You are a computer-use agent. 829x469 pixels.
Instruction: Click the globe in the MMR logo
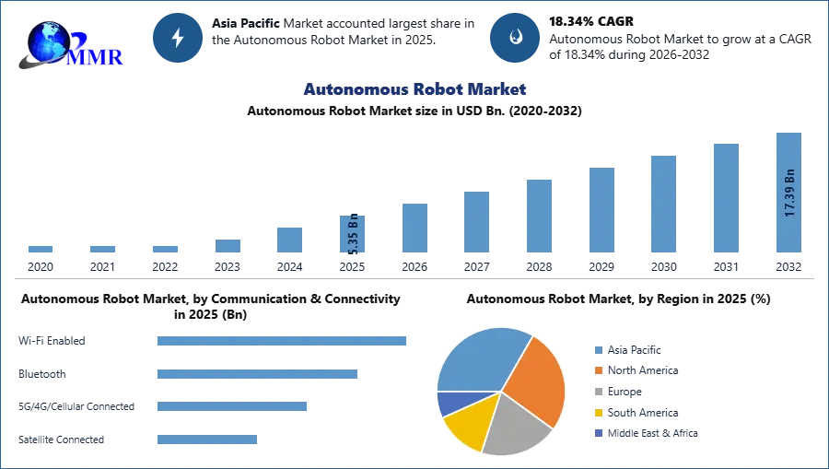click(x=49, y=41)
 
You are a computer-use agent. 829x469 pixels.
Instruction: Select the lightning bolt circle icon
click(x=179, y=38)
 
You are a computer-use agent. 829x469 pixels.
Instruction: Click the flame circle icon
click(x=516, y=38)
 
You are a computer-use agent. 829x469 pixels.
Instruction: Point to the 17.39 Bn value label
click(x=789, y=193)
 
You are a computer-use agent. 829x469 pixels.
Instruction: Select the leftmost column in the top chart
click(x=40, y=251)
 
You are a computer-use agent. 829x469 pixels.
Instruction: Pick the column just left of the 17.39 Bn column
click(x=725, y=198)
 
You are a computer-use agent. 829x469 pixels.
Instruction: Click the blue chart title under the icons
click(x=415, y=89)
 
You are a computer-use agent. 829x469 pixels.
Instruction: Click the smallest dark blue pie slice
click(x=450, y=402)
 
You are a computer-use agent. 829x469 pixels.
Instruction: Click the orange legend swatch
click(x=597, y=370)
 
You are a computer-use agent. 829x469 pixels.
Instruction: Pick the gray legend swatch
click(x=597, y=392)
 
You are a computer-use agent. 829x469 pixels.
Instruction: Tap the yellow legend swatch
click(x=597, y=413)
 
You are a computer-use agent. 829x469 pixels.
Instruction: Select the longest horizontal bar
click(x=283, y=340)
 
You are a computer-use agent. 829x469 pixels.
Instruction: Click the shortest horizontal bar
click(x=206, y=441)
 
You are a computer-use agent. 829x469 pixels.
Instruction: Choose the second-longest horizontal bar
click(x=258, y=375)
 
